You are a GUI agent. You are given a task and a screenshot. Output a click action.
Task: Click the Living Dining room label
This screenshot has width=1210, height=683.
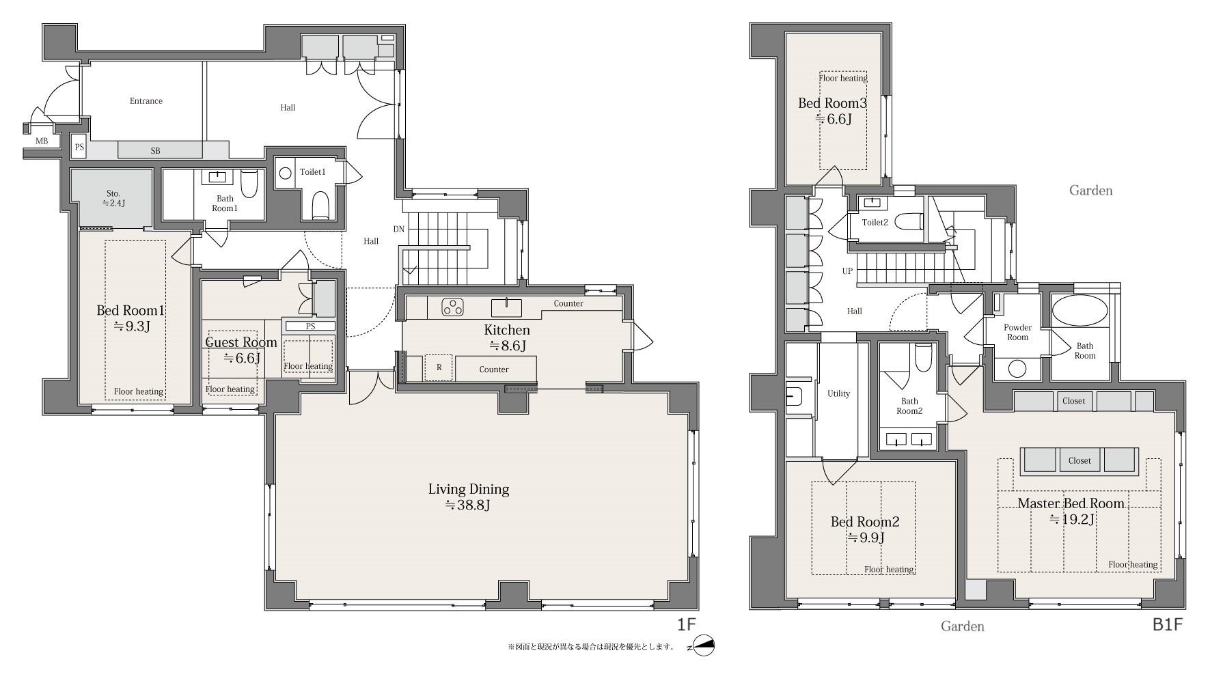click(469, 489)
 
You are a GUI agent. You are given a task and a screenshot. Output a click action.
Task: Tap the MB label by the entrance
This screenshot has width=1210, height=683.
click(42, 141)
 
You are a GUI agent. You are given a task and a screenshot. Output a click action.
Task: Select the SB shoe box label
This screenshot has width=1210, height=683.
click(155, 151)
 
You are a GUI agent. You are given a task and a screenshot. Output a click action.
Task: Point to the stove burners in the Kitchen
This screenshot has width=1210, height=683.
click(452, 307)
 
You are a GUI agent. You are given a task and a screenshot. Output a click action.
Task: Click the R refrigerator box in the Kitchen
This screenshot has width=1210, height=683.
click(439, 367)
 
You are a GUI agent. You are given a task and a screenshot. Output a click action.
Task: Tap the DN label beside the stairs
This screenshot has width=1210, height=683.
click(399, 229)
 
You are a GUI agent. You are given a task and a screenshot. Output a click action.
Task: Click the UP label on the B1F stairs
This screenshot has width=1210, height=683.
click(847, 271)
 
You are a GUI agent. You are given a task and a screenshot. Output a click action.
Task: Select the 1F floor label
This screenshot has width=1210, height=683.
click(686, 624)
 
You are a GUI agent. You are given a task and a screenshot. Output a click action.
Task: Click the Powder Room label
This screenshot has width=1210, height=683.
click(1017, 333)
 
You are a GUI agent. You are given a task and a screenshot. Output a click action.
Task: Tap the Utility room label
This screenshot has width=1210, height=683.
click(838, 393)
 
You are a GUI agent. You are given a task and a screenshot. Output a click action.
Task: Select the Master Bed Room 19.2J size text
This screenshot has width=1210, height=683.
click(1073, 520)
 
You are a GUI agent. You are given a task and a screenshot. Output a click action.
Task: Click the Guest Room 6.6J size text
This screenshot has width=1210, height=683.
click(242, 358)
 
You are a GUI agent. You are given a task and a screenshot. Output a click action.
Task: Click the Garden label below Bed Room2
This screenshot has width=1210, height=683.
click(963, 626)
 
